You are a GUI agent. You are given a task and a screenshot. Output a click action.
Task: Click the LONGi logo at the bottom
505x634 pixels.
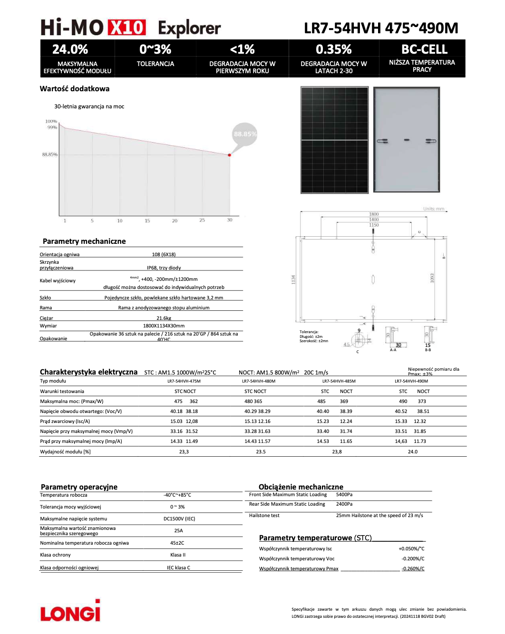coord(70,611)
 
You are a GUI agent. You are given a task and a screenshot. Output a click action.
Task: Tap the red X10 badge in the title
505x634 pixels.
coord(126,28)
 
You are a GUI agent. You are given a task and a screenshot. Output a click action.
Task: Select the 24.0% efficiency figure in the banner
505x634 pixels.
coord(70,49)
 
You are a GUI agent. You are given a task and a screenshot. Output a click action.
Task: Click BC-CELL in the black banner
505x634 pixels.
coord(424,49)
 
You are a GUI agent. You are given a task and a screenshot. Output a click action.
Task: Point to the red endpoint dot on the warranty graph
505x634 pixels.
coord(230,155)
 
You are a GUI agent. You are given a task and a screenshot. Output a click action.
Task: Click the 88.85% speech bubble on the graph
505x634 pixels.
coord(245,134)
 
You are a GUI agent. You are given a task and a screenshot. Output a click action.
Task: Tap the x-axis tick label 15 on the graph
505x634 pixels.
coord(147,221)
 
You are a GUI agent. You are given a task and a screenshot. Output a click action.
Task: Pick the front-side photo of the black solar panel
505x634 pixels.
coord(334,140)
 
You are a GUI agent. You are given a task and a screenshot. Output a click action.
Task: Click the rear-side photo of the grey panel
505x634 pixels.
coord(407,140)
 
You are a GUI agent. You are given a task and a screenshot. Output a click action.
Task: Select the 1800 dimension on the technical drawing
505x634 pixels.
coord(374,214)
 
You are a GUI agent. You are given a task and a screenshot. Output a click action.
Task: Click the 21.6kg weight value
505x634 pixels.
coord(164,318)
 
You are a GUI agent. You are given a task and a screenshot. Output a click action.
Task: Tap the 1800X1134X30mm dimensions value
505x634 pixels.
coord(164,326)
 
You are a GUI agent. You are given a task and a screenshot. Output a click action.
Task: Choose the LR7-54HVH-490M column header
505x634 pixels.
coord(411,381)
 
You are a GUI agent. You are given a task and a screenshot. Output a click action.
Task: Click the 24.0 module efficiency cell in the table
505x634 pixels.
coord(412,452)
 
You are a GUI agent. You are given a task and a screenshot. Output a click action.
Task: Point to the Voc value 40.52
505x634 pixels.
coord(401,412)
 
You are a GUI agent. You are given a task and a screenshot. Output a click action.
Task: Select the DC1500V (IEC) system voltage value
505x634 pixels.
coord(179,519)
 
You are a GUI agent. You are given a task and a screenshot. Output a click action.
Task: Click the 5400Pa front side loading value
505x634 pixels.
coord(344,495)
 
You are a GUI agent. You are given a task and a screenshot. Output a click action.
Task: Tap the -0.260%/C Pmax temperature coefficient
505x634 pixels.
coord(413,569)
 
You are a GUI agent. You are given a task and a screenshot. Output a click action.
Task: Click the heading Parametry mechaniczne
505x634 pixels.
coord(84,241)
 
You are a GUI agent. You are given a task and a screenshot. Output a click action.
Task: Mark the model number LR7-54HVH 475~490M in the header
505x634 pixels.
coord(381,29)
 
